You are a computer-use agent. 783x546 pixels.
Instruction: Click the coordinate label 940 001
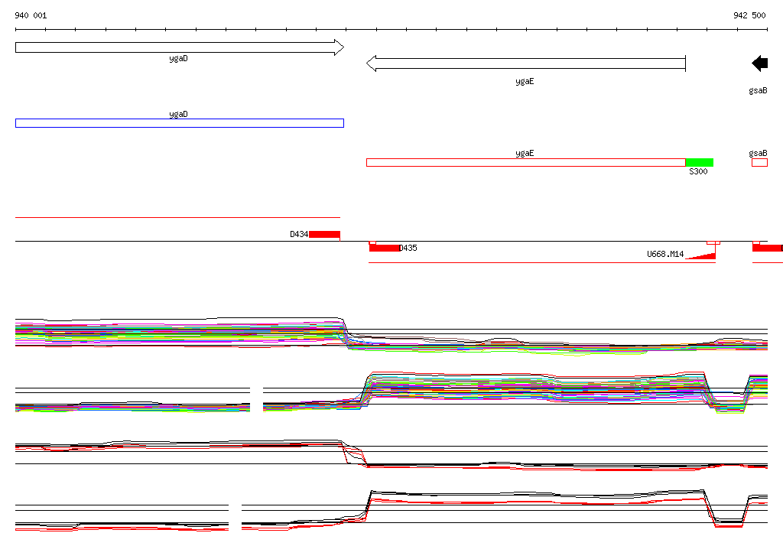[x=31, y=15]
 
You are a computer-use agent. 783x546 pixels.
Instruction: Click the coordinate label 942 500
[x=749, y=15]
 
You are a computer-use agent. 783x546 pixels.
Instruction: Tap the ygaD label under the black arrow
[x=178, y=59]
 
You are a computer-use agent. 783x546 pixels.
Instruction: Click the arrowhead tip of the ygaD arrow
[x=343, y=47]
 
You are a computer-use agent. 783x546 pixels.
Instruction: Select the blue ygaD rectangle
[x=180, y=123]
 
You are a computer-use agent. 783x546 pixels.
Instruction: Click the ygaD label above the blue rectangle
[x=178, y=115]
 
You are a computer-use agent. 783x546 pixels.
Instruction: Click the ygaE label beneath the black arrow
[x=525, y=81]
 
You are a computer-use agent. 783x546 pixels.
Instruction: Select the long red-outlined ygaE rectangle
[x=526, y=162]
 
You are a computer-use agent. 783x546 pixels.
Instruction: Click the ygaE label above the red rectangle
[x=525, y=154]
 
